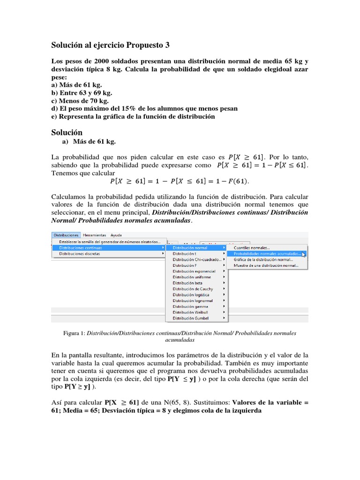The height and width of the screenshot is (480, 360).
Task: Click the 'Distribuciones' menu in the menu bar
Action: point(66,235)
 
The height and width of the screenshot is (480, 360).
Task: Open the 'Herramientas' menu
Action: point(94,235)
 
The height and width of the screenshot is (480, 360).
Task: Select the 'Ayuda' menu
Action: point(115,235)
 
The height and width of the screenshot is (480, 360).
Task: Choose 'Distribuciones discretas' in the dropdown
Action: point(79,254)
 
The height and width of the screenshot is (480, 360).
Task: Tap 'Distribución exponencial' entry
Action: point(194,271)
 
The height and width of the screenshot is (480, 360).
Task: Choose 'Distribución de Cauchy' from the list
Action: point(193,289)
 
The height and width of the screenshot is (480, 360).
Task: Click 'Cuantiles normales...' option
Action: point(252,247)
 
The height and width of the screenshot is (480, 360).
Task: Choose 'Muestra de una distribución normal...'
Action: point(265,265)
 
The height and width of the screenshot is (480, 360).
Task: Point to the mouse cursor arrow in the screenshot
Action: point(304,254)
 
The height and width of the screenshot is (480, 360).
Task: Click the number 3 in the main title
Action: point(167,45)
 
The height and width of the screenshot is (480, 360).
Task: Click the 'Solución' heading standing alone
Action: point(67,133)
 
